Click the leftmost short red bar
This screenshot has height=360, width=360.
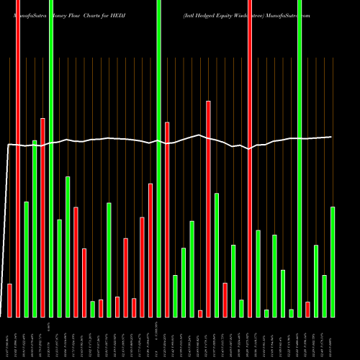point(9,300)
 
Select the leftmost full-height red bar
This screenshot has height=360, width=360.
point(18,158)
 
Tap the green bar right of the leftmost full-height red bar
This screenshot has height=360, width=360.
point(26,259)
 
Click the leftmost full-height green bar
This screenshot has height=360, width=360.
point(50,158)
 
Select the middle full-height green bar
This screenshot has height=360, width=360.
point(158,158)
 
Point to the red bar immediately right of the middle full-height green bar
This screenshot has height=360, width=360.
point(167,220)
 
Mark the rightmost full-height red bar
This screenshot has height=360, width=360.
point(250,158)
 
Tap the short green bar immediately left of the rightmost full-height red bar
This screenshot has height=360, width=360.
point(241,308)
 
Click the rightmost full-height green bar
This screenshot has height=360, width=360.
point(299,158)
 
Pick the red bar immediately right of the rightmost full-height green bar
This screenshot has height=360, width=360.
point(307,309)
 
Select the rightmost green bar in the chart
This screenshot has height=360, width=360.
point(333,262)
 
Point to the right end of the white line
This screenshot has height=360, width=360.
point(331,137)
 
